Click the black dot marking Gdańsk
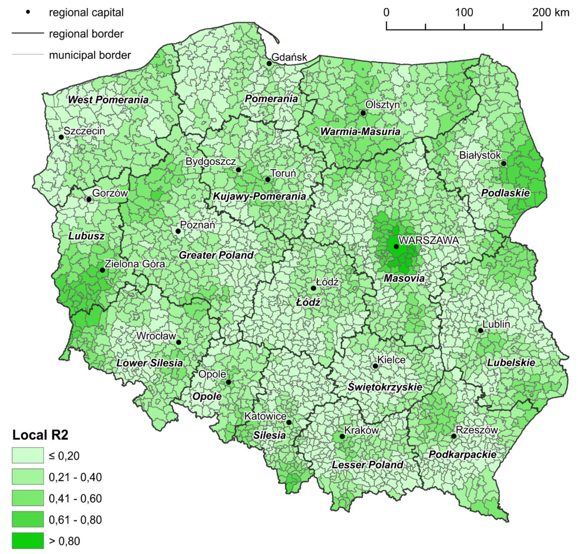click(269, 64)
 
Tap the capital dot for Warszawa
click(396, 247)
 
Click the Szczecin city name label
click(84, 131)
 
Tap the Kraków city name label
click(361, 430)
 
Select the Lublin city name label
click(496, 324)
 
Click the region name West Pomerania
click(108, 100)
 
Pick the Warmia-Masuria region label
click(360, 131)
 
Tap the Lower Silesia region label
click(149, 363)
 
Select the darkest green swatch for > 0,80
click(28, 541)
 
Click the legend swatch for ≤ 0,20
click(28, 455)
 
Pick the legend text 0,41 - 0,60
click(75, 498)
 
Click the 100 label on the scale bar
click(464, 12)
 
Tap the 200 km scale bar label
click(550, 12)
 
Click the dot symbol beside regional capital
click(28, 12)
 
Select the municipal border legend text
click(90, 55)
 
